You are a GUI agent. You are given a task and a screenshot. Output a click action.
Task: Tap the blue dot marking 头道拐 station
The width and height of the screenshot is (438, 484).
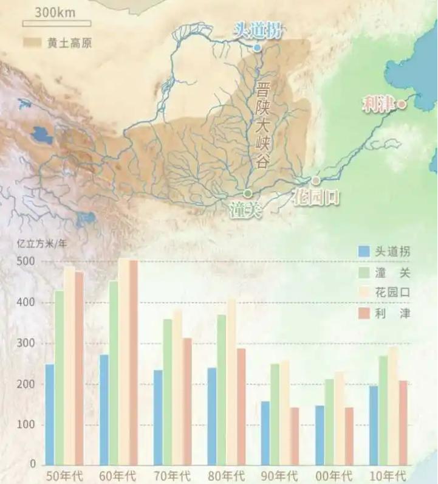point(257,47)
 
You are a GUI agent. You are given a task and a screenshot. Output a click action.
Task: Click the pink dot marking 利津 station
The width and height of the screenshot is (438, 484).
point(401,105)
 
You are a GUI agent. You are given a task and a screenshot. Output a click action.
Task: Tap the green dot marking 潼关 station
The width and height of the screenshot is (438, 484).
point(247,192)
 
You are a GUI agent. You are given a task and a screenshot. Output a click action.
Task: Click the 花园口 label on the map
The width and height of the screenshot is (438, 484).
point(315,196)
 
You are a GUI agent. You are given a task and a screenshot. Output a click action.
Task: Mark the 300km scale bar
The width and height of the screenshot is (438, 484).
point(56,24)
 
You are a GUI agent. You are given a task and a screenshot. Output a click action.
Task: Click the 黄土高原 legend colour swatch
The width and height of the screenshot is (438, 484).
point(33,43)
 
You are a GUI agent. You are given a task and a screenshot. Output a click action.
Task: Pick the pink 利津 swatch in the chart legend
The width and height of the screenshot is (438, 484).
point(364,314)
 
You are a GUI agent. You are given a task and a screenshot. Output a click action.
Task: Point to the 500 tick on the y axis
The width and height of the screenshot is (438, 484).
point(30,262)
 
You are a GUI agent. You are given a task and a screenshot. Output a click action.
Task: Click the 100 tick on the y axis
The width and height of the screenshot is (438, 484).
point(30,424)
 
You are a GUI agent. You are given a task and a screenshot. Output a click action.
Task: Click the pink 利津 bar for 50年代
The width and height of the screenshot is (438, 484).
point(79,368)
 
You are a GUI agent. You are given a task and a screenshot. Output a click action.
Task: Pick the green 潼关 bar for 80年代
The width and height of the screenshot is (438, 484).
point(221,389)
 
